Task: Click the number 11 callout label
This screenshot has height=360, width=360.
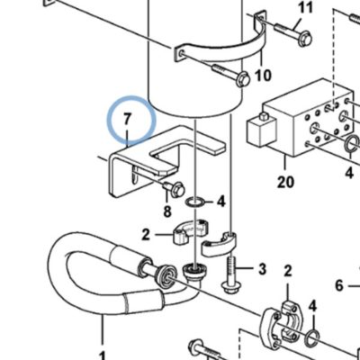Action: [x=306, y=7]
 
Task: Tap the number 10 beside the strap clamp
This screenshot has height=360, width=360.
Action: [x=263, y=75]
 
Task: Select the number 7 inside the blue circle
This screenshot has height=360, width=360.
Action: [x=128, y=119]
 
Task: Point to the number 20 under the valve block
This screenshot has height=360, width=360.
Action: [x=285, y=182]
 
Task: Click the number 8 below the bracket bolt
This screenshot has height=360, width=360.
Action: [x=167, y=211]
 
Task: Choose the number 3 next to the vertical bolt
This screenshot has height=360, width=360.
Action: [x=262, y=269]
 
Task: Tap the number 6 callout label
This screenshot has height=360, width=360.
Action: [x=339, y=285]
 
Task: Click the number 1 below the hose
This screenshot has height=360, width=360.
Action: [x=103, y=356]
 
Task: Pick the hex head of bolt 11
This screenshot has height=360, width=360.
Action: [x=305, y=39]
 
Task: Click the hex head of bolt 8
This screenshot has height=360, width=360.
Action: [x=177, y=190]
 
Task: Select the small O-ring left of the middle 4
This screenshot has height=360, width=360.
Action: [x=195, y=202]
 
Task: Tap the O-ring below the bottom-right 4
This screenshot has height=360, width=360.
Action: [x=313, y=338]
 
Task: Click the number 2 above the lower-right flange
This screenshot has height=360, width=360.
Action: [x=288, y=271]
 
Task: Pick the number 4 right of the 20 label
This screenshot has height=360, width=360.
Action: [x=349, y=173]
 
